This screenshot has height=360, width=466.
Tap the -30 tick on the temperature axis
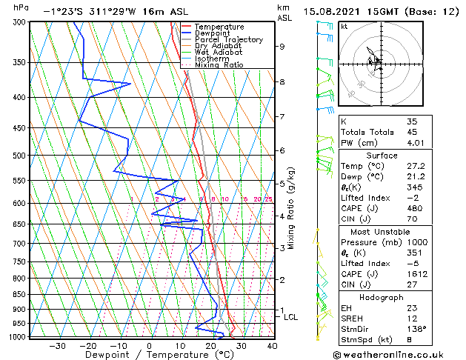pos(57,345)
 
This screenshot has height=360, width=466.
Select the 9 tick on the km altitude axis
pos(282,47)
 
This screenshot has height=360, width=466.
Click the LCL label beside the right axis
pos(291,317)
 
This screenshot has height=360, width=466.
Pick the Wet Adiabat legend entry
pos(219,53)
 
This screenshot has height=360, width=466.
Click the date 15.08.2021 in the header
pos(330,11)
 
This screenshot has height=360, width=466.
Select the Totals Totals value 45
pos(413,132)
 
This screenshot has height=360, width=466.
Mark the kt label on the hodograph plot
pos(344,26)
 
